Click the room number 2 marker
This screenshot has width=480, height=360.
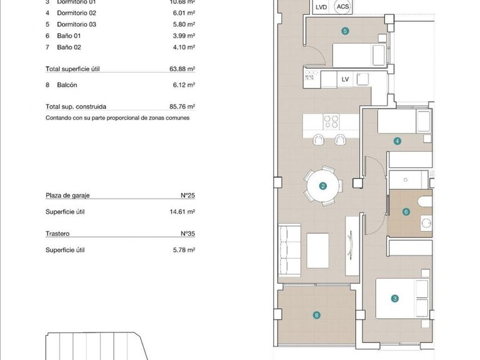tap(323, 186)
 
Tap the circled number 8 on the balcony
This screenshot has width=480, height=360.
tap(317, 316)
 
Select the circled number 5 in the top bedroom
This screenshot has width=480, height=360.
tap(345, 30)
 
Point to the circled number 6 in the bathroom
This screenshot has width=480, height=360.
tap(406, 212)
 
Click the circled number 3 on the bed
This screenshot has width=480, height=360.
tap(395, 299)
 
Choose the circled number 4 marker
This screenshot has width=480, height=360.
tap(397, 141)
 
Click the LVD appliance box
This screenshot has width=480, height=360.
tap(321, 7)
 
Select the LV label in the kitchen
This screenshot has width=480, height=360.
tap(345, 79)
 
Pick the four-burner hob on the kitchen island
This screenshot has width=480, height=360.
tap(331, 121)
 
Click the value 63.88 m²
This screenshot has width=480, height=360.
tap(183, 69)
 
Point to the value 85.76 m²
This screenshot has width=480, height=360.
tap(183, 107)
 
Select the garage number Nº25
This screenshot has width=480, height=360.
tap(187, 196)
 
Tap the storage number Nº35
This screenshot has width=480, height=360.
tap(187, 234)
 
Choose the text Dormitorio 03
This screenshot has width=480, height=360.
tap(77, 24)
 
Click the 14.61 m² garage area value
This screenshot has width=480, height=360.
tap(183, 212)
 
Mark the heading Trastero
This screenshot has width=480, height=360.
tap(57, 234)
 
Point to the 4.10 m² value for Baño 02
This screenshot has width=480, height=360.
tap(185, 47)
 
